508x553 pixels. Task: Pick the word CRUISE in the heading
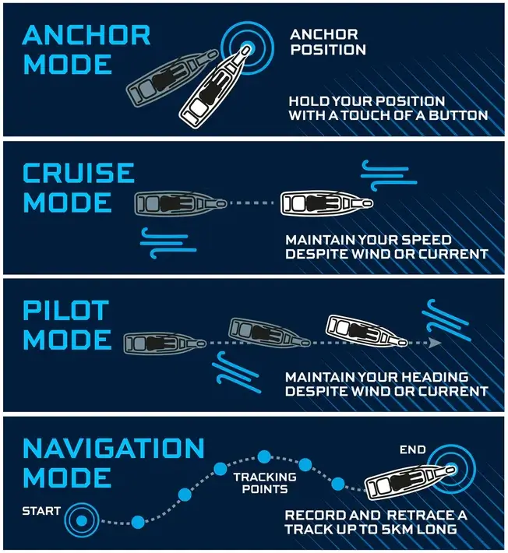(x=78, y=172)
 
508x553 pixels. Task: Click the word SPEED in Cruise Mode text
(x=427, y=240)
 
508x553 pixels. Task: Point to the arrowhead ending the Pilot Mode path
(x=436, y=342)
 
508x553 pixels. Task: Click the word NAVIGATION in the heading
(x=113, y=448)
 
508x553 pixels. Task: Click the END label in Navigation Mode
(x=412, y=449)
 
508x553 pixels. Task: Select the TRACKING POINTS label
(x=264, y=483)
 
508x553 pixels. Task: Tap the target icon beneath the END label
(x=451, y=468)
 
